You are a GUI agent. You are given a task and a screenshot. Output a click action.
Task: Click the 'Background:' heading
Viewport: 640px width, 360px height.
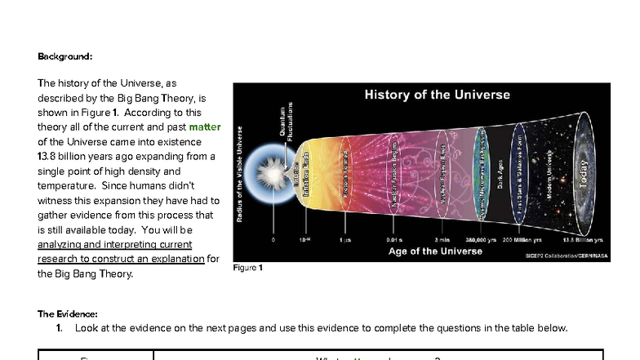pos(65,56)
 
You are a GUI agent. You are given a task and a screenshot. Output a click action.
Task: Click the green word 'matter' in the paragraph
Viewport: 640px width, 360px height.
pos(205,127)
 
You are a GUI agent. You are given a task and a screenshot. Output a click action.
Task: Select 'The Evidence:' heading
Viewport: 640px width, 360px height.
pos(68,313)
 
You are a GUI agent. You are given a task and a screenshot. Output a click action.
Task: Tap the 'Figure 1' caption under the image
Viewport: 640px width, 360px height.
pos(247,268)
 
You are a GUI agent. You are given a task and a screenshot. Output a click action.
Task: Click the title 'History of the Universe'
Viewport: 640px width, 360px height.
pos(437,95)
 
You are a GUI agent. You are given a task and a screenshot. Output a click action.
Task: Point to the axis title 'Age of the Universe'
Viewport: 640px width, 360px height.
pos(435,251)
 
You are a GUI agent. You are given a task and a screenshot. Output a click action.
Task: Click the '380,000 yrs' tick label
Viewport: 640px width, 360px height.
pos(481,240)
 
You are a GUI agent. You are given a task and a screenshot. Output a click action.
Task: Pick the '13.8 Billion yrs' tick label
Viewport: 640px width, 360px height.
pos(583,240)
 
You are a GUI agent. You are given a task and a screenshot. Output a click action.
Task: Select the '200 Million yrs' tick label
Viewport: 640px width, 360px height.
pos(524,240)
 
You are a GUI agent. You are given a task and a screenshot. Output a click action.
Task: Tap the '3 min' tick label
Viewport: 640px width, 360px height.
pos(442,240)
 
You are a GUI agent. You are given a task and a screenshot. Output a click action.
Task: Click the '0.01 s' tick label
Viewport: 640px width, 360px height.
pos(394,240)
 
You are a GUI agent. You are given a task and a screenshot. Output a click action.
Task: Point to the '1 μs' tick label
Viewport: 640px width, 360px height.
pos(345,240)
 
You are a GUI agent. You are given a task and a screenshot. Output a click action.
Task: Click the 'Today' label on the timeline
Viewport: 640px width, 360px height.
pos(583,173)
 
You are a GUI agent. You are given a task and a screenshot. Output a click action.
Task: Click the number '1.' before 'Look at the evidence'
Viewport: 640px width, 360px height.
pos(60,328)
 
